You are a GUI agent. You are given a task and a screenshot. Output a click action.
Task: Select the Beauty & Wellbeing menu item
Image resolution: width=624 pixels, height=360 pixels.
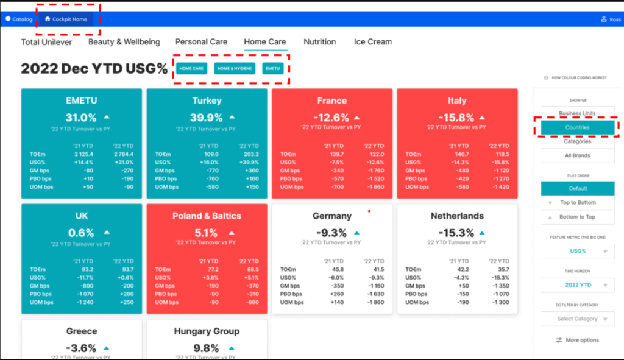click(124, 42)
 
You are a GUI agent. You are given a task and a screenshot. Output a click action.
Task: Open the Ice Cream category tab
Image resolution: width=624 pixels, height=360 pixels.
click(372, 42)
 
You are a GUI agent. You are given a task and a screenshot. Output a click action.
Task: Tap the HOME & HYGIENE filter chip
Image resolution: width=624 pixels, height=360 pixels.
click(234, 69)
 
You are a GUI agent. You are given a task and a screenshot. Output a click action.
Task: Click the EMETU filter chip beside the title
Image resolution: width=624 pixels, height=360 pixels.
click(272, 69)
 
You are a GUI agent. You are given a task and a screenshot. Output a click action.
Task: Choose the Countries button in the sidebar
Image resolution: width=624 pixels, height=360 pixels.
click(577, 127)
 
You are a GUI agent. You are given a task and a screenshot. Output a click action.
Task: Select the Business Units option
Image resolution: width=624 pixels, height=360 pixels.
click(577, 113)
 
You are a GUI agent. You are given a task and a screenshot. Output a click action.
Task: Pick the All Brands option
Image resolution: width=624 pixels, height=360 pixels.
click(577, 155)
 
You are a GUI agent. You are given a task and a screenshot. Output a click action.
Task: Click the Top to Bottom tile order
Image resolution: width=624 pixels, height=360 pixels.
click(577, 203)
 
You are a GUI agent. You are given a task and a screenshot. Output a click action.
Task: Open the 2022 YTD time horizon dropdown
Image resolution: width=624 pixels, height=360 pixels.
click(577, 284)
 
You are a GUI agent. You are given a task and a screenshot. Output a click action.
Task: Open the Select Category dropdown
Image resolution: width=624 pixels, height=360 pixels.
click(577, 319)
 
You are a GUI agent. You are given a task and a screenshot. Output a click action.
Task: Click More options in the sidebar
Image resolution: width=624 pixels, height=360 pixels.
click(577, 340)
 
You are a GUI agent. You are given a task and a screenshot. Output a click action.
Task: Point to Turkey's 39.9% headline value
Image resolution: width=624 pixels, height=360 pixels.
click(206, 118)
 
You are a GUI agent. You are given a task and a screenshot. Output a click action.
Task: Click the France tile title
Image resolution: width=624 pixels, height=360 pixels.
click(332, 101)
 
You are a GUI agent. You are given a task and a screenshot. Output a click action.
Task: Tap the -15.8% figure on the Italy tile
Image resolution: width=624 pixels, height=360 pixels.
click(457, 118)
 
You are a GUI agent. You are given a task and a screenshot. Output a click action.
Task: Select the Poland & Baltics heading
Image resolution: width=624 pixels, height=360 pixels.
click(207, 216)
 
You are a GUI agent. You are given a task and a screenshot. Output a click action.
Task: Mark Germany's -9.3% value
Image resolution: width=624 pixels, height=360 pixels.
click(331, 233)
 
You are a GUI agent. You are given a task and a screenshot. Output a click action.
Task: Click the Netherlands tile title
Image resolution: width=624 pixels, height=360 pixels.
click(457, 216)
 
